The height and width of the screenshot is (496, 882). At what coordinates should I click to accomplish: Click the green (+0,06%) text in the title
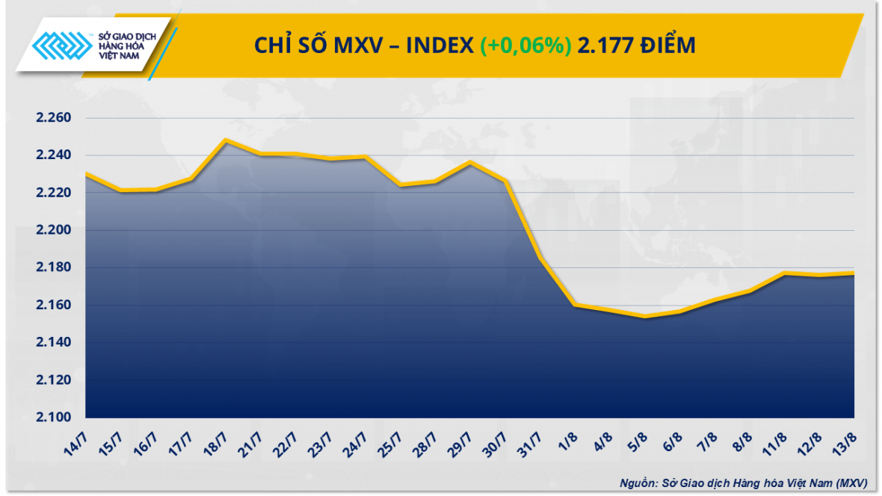tap(526, 46)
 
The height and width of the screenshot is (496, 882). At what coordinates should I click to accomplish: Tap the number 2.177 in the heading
tap(603, 46)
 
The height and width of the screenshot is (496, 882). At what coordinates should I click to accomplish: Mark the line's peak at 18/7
tap(226, 140)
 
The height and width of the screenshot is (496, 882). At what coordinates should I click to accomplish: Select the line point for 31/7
tap(540, 258)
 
